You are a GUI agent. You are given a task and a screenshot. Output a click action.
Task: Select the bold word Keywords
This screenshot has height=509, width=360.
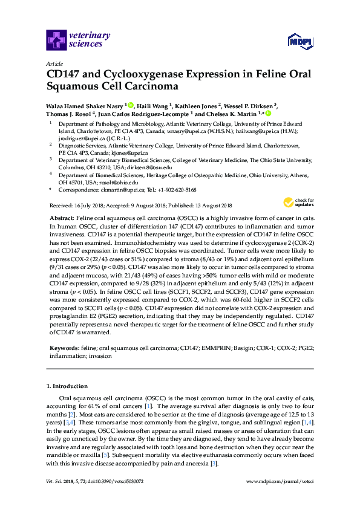63,349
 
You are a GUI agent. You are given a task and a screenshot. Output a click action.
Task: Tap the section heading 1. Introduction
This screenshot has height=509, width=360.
67,386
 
